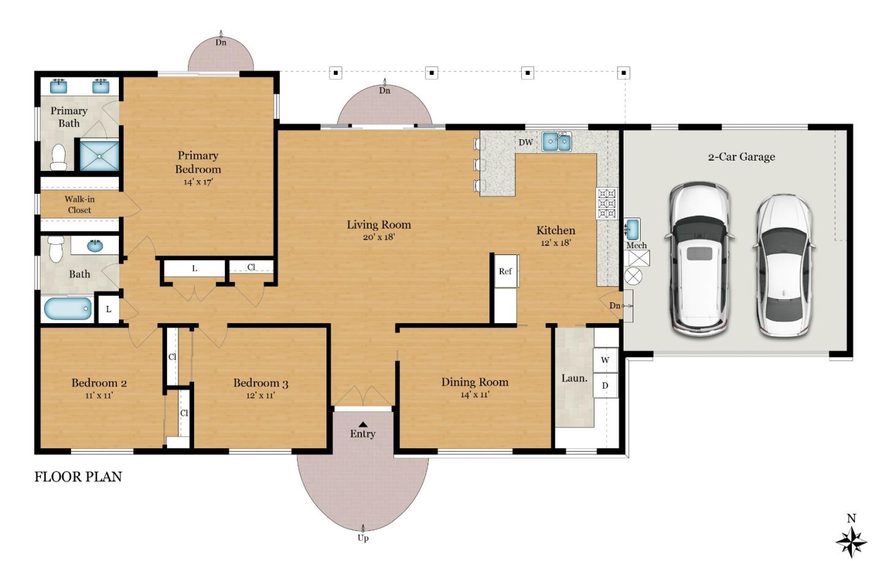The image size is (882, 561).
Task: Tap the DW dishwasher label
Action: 526,142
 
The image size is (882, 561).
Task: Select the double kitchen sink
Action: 557,142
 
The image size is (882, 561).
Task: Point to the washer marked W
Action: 605,360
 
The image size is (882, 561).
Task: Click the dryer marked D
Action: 605,385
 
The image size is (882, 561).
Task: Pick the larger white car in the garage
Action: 699,259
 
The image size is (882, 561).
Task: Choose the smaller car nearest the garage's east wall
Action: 784,265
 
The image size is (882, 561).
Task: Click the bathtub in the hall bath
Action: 68,308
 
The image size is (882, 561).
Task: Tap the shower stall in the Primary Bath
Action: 99,156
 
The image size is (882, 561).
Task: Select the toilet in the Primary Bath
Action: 59,157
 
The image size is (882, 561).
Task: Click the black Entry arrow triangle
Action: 363,424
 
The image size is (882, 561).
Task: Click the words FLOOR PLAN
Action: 78,477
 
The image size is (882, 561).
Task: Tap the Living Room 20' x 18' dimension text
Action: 379,237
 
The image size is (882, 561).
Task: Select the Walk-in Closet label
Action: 80,205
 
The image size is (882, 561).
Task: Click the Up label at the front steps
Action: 363,538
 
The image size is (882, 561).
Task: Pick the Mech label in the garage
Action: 637,245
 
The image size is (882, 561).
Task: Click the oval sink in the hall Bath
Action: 95,246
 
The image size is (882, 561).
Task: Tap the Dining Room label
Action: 475,382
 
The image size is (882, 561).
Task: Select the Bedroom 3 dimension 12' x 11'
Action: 260,395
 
